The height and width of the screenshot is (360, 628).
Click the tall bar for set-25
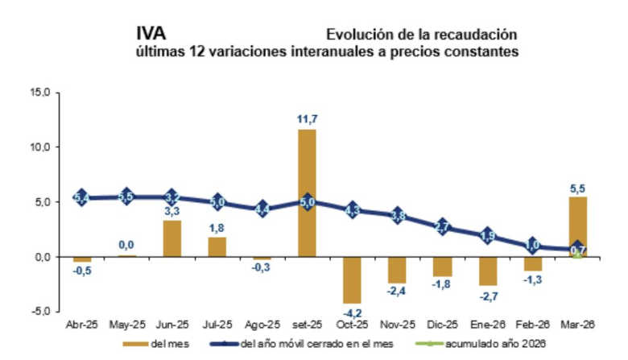(307, 193)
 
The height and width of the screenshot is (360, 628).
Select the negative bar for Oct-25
(352, 279)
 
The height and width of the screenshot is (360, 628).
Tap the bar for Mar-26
(578, 226)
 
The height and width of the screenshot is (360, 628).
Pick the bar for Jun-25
(171, 238)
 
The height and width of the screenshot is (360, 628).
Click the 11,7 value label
(307, 119)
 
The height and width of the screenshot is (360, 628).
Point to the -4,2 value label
(352, 311)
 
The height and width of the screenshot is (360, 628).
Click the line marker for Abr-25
(81, 197)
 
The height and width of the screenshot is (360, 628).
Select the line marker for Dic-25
(442, 226)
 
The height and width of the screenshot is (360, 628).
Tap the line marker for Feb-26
(532, 246)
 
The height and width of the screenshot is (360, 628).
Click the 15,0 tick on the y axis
(39, 93)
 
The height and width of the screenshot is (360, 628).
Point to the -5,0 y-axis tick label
(39, 311)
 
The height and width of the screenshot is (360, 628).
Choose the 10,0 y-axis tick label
(39, 147)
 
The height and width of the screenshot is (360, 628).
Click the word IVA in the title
(152, 35)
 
